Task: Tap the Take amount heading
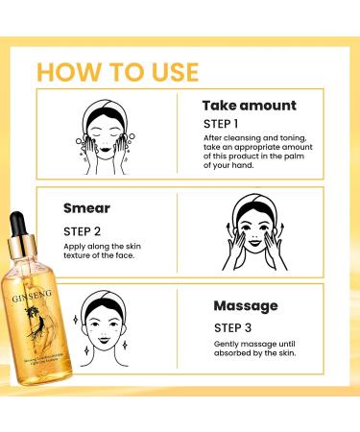(x=250, y=106)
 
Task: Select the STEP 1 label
(x=223, y=124)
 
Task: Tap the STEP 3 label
(x=223, y=326)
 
